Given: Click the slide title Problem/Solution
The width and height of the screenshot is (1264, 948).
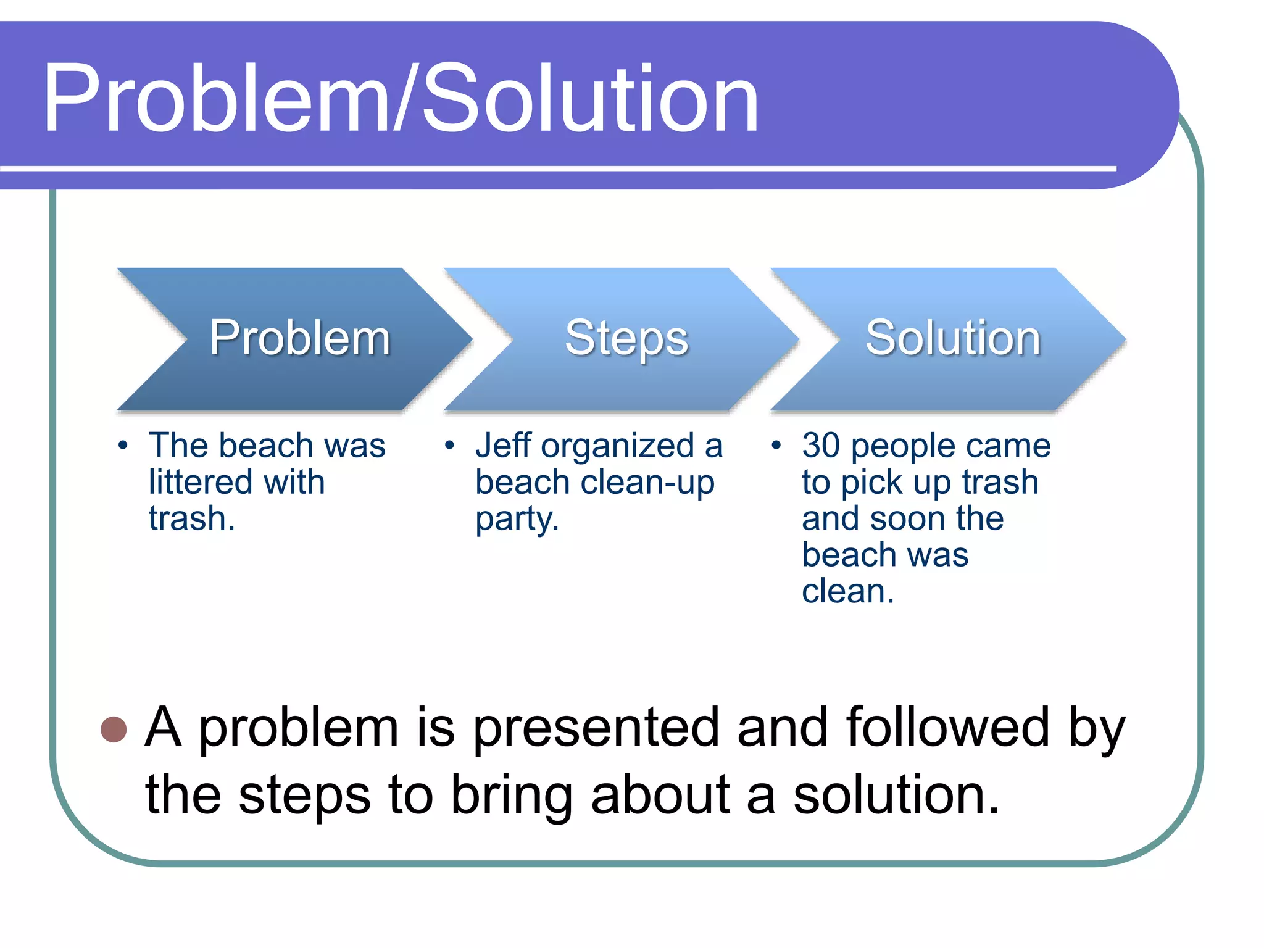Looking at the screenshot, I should coord(400,99).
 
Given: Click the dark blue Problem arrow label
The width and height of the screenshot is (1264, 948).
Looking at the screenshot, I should coord(300,338).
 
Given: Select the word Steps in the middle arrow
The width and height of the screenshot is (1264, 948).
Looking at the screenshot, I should coord(626,338).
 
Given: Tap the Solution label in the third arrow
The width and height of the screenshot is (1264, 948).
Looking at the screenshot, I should coord(953,338).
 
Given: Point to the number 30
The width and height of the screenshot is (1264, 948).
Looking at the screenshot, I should coord(821,446).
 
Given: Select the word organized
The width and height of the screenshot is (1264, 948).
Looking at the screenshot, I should coord(618,447).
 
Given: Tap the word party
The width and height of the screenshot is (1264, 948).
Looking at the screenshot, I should coord(516,520).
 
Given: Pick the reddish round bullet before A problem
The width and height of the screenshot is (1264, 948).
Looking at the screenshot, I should coord(114,729).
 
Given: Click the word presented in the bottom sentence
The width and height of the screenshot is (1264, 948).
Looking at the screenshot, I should coord(596,728).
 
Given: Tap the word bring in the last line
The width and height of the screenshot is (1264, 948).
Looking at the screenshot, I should coord(511,796).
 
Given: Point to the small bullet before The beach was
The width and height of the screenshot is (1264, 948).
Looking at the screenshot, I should coord(123,445).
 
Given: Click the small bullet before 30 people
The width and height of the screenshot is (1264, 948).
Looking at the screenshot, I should coord(776,445).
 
